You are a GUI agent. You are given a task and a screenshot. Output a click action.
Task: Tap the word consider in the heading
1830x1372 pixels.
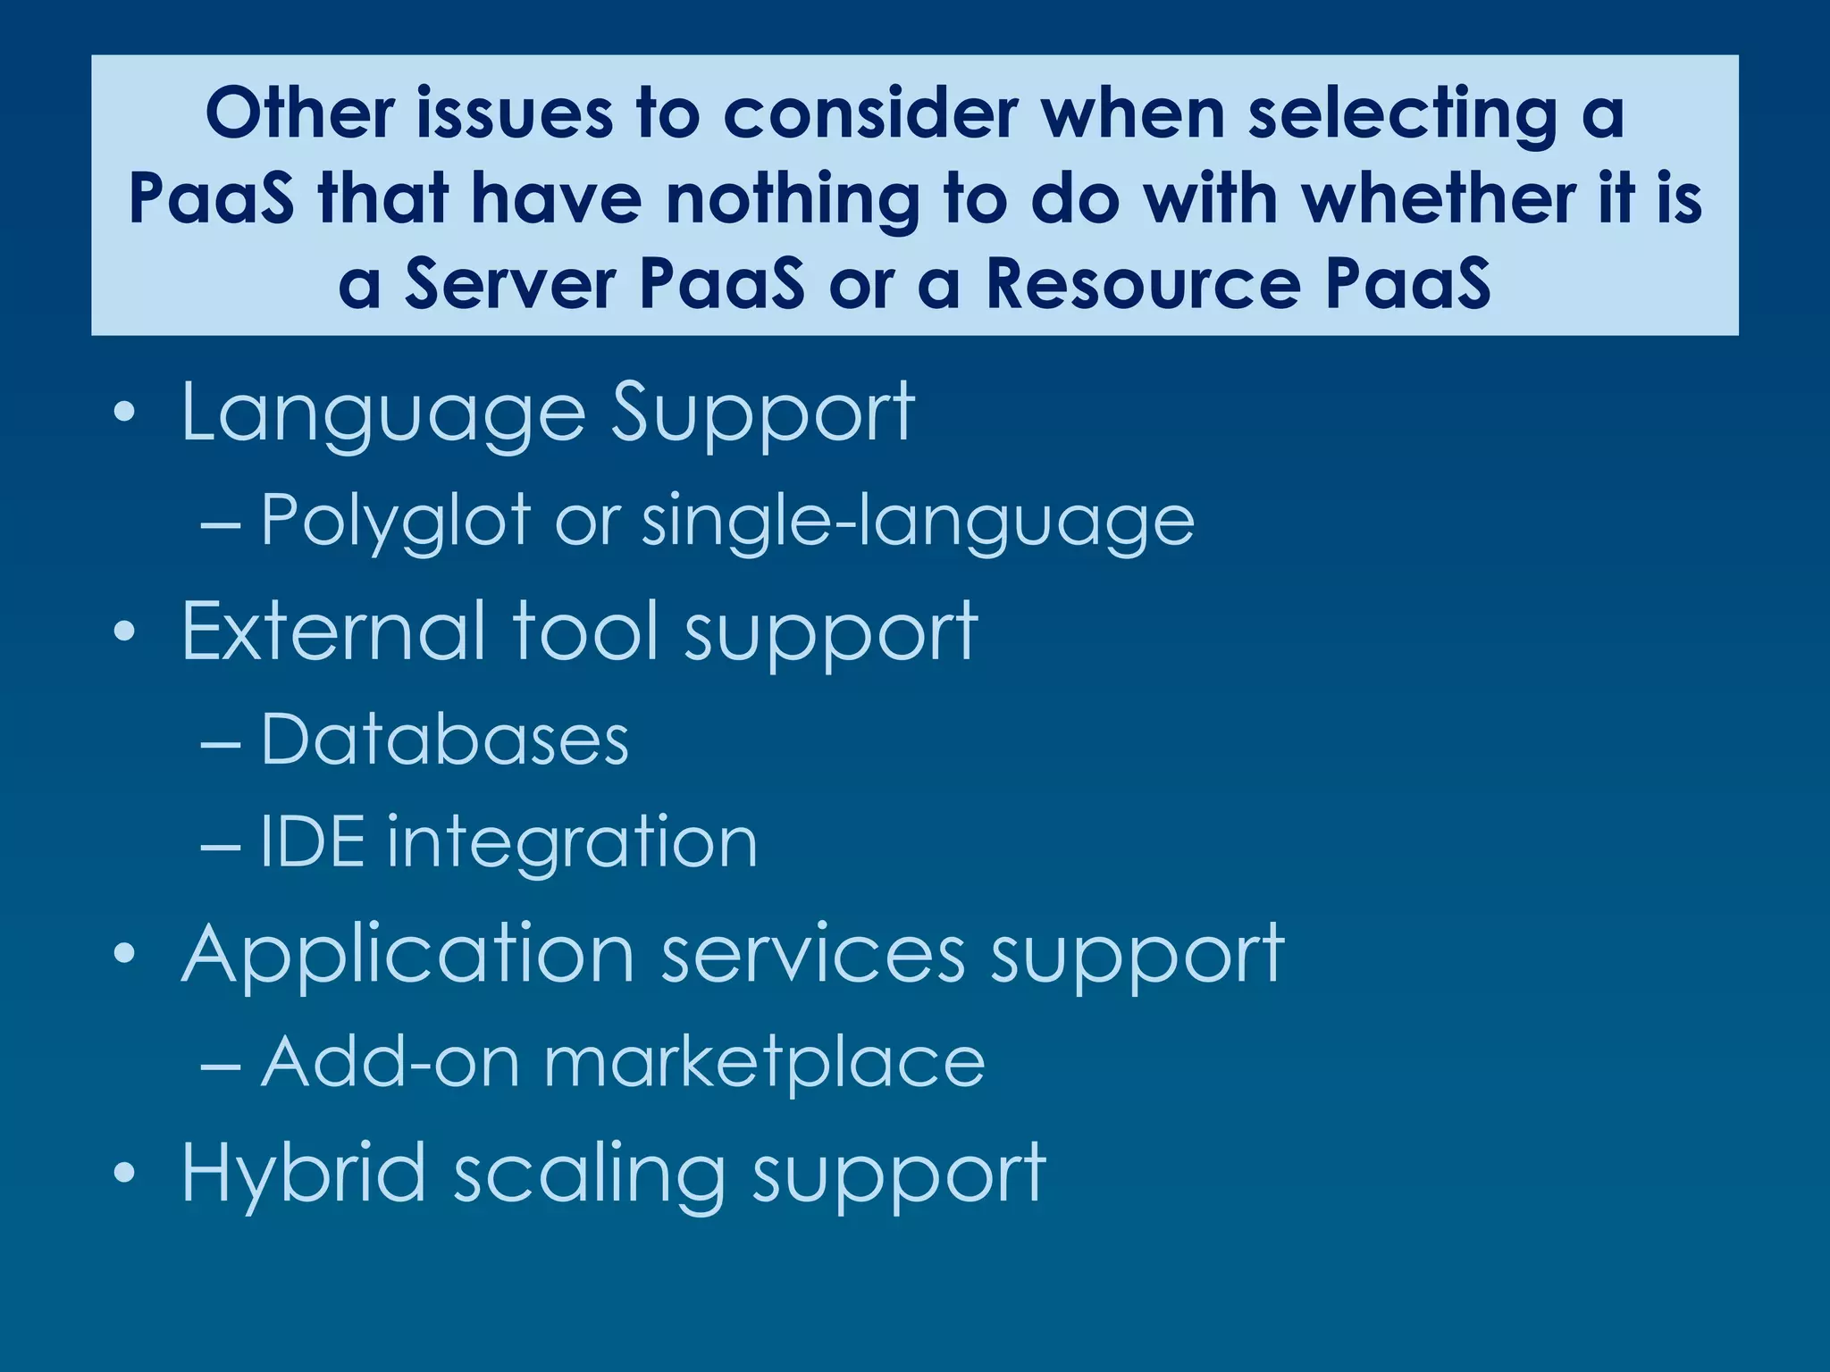pos(870,113)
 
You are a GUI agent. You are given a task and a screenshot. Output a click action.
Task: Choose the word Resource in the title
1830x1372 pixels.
pos(1143,284)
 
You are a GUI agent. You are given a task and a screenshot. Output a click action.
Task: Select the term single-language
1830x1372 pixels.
pos(918,522)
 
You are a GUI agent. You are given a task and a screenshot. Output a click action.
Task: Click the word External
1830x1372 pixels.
pos(334,632)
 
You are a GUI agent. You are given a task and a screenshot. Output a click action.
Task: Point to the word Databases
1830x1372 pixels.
pos(445,740)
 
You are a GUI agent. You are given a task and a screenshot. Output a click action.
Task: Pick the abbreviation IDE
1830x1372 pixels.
pos(312,841)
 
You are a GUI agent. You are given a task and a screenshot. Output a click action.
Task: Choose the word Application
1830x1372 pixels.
pos(407,955)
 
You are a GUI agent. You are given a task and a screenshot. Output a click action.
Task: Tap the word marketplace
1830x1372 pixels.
pos(764,1063)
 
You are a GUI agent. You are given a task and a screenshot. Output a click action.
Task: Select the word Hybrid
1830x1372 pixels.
pos(303,1173)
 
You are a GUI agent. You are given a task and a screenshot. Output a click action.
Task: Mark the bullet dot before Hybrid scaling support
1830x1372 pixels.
pos(125,1172)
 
